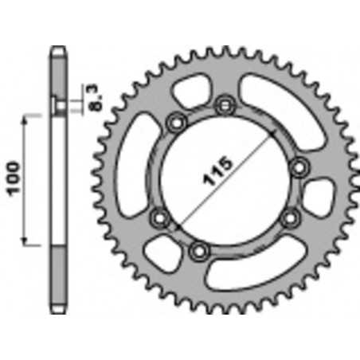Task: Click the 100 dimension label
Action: coord(14,178)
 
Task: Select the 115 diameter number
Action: coord(217,170)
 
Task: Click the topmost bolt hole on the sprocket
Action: coord(225,106)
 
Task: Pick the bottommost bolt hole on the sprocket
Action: coord(199,251)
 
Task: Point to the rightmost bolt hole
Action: coord(299,167)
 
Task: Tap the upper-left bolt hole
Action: coord(177,123)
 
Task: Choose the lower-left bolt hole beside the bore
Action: coord(160,218)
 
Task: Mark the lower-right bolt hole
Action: coord(291,218)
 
